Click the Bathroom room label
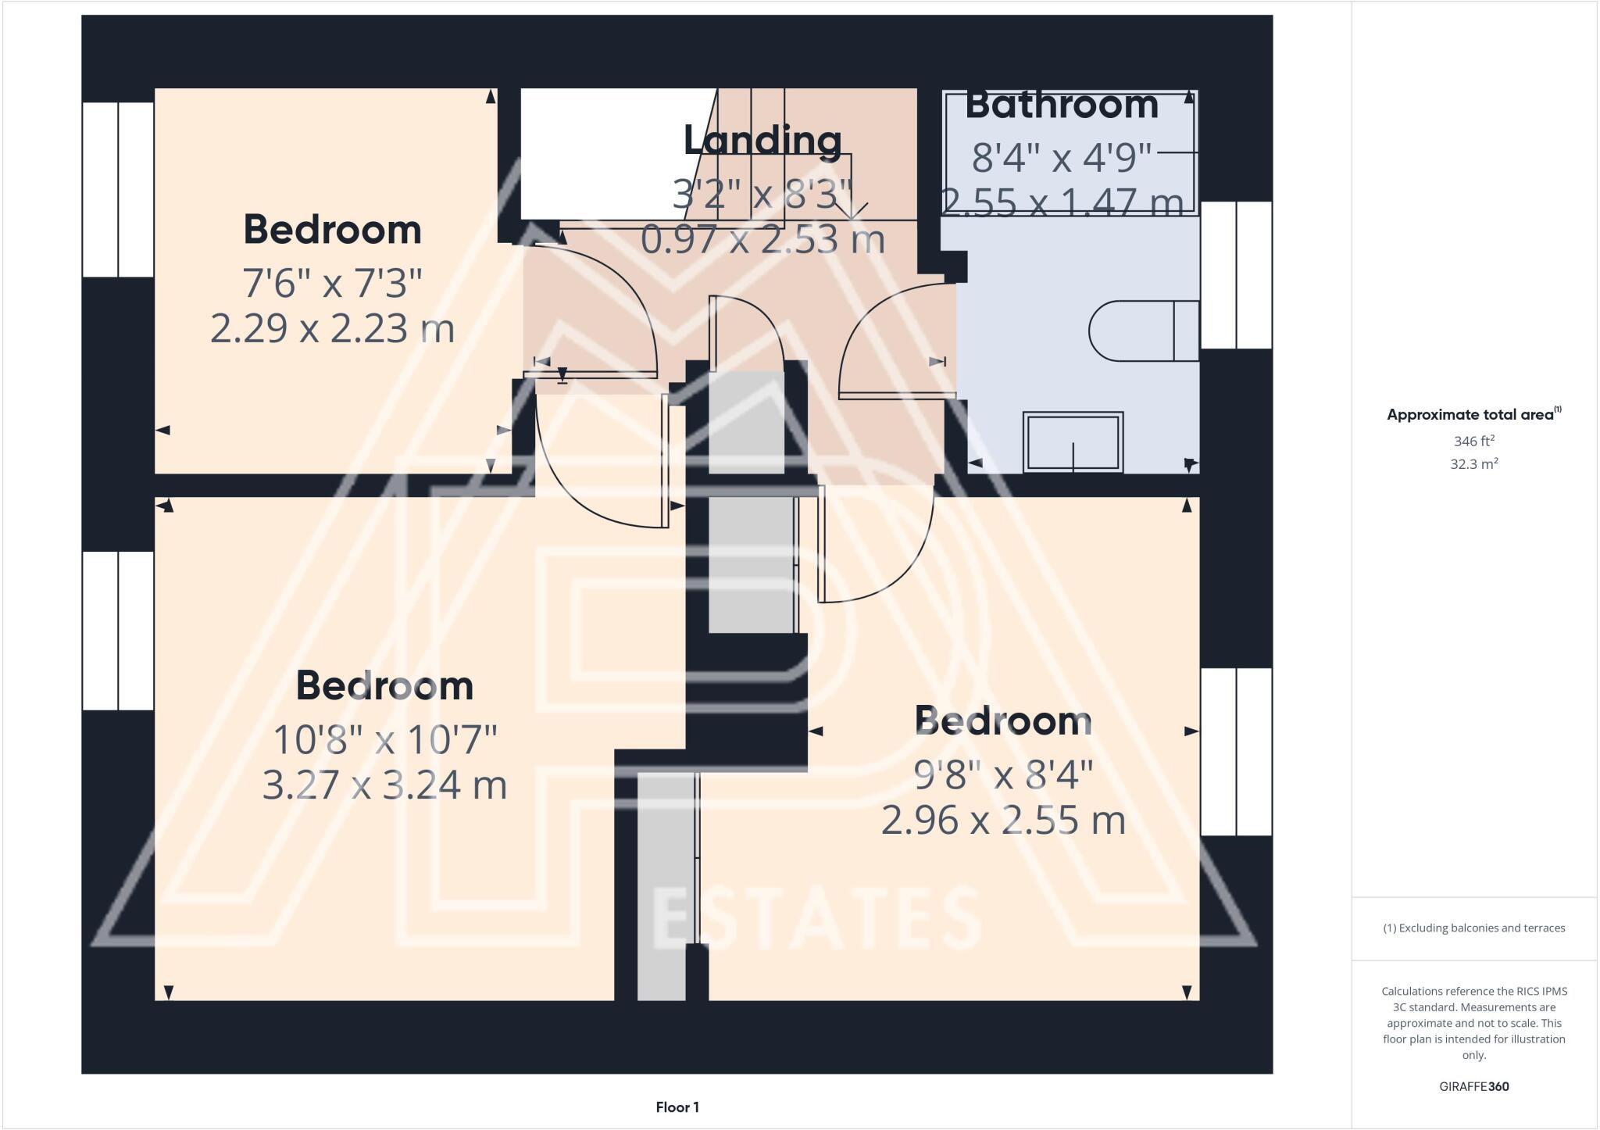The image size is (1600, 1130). pyautogui.click(x=1061, y=105)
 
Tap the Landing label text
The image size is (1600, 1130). pyautogui.click(x=762, y=141)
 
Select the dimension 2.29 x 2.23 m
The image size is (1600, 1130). pyautogui.click(x=332, y=328)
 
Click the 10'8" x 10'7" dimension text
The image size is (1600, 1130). pyautogui.click(x=384, y=739)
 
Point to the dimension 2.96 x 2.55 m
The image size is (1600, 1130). pyautogui.click(x=1003, y=821)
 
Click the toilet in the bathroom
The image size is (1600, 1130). pyautogui.click(x=1143, y=331)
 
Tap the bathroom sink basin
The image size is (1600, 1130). pyautogui.click(x=1073, y=442)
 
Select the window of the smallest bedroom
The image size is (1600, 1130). pyautogui.click(x=118, y=189)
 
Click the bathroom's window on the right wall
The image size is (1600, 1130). pyautogui.click(x=1236, y=275)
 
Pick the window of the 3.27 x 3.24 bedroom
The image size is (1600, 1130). pyautogui.click(x=118, y=631)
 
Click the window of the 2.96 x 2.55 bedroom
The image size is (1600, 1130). pyautogui.click(x=1236, y=752)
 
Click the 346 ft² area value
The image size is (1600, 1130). pyautogui.click(x=1473, y=441)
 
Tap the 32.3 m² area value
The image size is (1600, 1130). pyautogui.click(x=1473, y=464)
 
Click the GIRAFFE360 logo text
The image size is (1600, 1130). pyautogui.click(x=1473, y=1086)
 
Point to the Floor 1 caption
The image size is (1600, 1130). pyautogui.click(x=677, y=1107)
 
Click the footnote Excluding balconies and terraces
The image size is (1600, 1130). pyautogui.click(x=1473, y=928)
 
